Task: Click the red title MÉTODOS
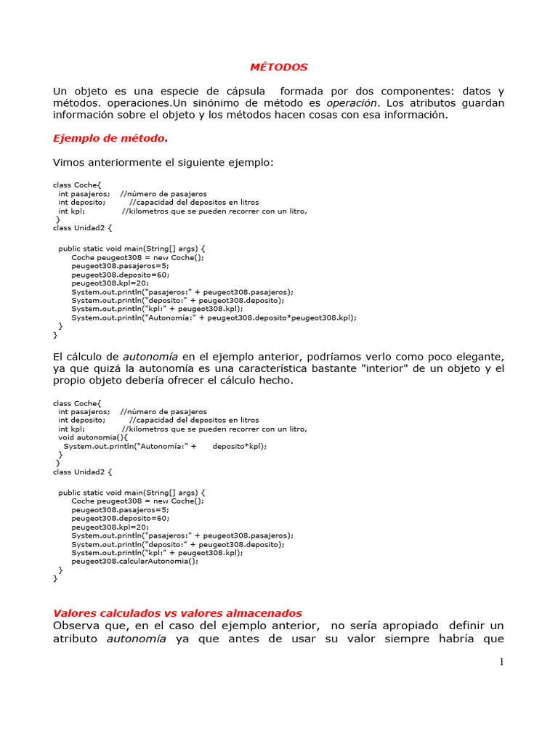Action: click(279, 67)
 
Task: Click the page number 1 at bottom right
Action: click(501, 662)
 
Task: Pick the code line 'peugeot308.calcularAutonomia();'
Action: click(134, 561)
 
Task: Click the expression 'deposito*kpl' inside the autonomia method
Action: click(239, 446)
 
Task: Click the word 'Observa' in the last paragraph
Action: click(76, 626)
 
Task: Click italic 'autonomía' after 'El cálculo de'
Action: click(150, 357)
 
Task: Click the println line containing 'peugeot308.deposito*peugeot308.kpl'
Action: click(214, 318)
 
